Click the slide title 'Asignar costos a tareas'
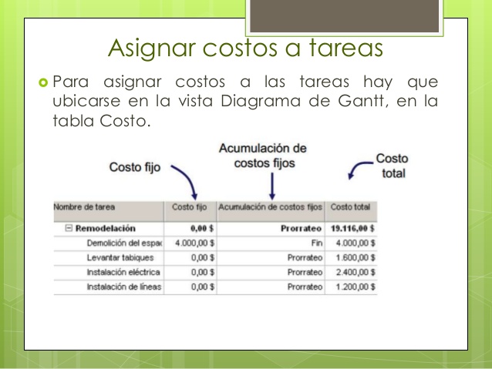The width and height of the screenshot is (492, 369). click(245, 49)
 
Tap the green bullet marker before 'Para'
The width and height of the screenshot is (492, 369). click(43, 82)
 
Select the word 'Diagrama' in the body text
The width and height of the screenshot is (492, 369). click(261, 102)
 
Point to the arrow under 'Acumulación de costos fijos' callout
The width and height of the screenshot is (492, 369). click(272, 186)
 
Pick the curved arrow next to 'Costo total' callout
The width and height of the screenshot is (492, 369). click(358, 168)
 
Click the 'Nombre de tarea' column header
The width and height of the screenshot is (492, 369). click(84, 207)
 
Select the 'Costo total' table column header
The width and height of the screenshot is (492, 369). click(350, 207)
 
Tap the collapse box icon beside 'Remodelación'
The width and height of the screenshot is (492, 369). click(69, 228)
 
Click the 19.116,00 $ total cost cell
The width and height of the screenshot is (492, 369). click(352, 228)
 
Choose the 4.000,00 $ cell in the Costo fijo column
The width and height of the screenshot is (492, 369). click(195, 243)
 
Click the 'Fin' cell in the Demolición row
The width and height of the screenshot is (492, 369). click(317, 243)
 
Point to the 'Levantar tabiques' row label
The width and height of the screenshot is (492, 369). click(120, 258)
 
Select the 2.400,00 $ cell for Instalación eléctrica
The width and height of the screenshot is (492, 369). click(356, 272)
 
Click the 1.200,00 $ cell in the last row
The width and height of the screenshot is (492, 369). click(356, 287)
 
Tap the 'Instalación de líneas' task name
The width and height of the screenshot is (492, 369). click(124, 287)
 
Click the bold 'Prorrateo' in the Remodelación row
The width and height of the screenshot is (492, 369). click(302, 228)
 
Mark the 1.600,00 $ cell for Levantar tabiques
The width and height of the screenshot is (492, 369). click(356, 258)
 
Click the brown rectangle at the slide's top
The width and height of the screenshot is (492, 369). click(344, 15)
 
